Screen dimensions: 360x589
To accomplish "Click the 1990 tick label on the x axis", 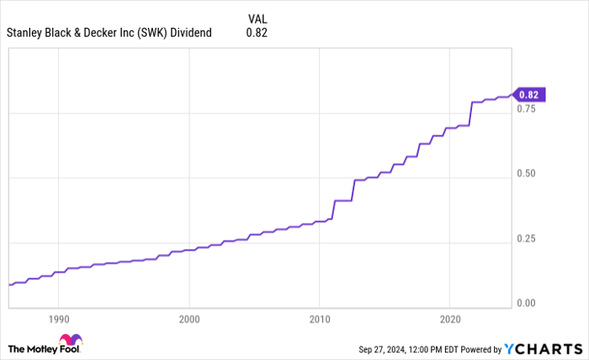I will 58,320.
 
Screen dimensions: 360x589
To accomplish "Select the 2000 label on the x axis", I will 189,320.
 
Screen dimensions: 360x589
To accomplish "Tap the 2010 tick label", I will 319,320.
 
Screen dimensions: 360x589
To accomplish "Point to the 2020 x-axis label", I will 448,320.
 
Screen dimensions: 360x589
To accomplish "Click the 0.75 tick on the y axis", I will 528,109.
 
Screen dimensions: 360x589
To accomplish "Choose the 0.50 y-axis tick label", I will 528,173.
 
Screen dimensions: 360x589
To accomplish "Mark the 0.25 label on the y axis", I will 528,238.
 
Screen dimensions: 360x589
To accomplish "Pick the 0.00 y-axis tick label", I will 528,303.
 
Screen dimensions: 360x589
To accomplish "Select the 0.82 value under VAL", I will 256,33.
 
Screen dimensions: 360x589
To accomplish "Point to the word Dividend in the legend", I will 191,33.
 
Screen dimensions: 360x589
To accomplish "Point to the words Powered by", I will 476,349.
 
